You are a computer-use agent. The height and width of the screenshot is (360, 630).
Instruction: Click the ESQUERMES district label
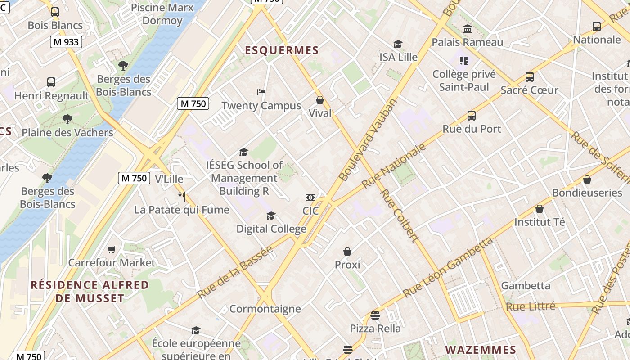click(282, 50)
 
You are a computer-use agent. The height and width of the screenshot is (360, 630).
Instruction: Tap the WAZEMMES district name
click(481, 350)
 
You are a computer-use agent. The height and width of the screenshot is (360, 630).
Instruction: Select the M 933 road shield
click(66, 42)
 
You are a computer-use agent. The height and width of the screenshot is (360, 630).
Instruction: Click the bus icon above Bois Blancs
click(55, 12)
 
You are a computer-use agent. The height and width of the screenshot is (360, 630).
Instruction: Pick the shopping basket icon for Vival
click(320, 100)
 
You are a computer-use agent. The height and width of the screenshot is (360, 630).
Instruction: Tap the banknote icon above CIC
click(310, 198)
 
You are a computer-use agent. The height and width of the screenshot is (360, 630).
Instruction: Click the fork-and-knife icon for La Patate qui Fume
click(182, 197)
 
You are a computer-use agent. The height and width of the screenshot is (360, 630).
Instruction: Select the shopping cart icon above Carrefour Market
click(112, 249)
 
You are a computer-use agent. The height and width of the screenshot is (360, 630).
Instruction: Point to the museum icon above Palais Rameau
click(468, 29)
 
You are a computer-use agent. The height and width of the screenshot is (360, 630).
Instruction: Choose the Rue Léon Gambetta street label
click(448, 267)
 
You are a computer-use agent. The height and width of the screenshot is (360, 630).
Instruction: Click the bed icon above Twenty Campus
click(261, 92)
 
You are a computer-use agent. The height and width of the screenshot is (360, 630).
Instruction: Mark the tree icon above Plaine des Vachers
click(67, 119)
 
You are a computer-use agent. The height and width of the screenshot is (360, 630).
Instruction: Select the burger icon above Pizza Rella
click(375, 315)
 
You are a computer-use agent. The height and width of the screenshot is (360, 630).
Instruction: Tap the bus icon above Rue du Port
click(472, 116)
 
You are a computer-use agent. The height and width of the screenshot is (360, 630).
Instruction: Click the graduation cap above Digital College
click(271, 216)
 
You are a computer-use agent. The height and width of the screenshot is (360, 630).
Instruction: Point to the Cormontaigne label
click(265, 309)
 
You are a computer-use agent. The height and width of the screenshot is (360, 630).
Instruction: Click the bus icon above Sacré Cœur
click(530, 77)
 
